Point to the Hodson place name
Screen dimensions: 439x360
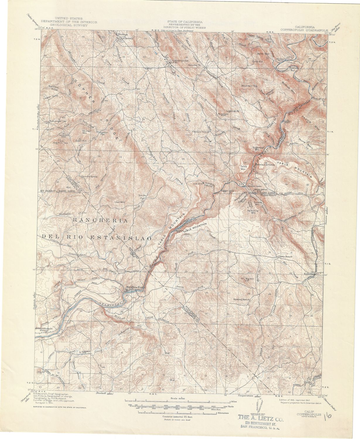123,34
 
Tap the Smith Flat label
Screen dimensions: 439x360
142,197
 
